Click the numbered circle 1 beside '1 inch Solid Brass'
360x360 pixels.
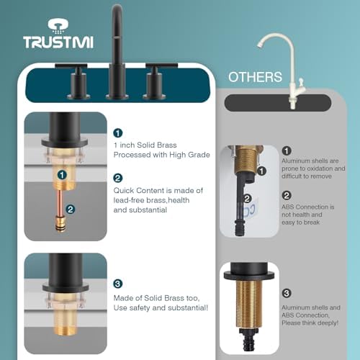pyautogui.click(x=118, y=132)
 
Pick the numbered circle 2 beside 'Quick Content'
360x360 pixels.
pyautogui.click(x=118, y=178)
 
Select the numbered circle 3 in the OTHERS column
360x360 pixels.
pyautogui.click(x=287, y=293)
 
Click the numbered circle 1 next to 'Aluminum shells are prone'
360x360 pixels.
pyautogui.click(x=287, y=150)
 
